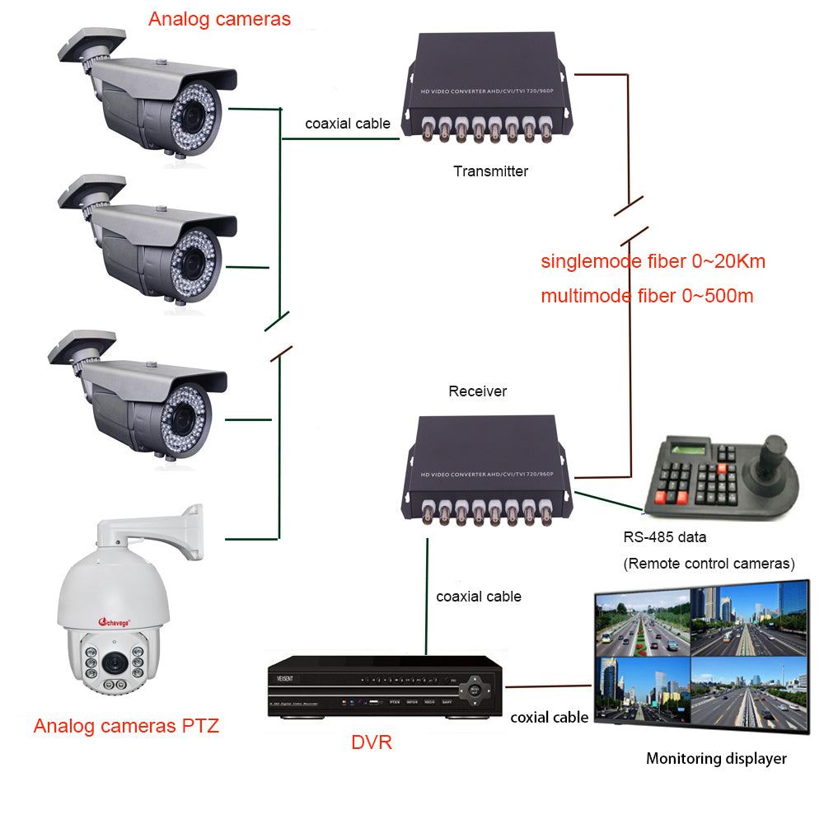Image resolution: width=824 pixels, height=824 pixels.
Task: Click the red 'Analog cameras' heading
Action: [x=219, y=19]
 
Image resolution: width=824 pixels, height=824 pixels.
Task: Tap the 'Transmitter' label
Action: [x=490, y=171]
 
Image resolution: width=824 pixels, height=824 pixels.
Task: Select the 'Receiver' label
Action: [x=477, y=391]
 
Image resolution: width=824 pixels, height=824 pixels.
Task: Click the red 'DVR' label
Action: [x=371, y=742]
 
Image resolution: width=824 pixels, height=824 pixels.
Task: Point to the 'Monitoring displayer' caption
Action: [x=715, y=758]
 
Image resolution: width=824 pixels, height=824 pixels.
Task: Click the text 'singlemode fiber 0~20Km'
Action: [x=653, y=262]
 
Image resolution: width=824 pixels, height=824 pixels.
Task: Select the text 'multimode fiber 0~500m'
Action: [x=647, y=296]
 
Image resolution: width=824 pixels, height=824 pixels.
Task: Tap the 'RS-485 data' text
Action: [x=664, y=537]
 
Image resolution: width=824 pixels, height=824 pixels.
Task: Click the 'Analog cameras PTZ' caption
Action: [x=126, y=726]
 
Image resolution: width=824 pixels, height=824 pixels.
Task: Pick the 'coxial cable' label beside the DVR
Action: [x=549, y=717]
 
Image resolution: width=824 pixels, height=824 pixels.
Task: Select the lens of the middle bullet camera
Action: [x=195, y=262]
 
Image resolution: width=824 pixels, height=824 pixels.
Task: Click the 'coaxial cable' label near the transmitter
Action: [x=348, y=124]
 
